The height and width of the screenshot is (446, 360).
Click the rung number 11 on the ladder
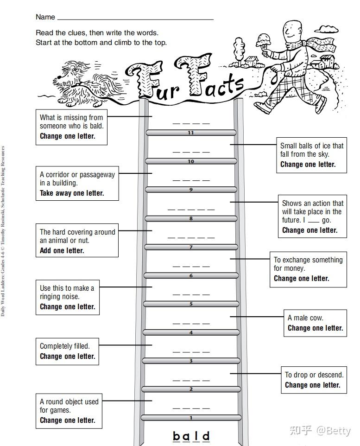tap(191, 133)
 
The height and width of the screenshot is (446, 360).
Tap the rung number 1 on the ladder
tap(191, 418)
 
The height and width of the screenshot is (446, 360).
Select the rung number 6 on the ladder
tap(191, 276)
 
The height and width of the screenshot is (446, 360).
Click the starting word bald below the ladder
tap(191, 436)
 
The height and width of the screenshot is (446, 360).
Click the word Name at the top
tap(45, 17)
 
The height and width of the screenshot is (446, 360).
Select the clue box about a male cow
tap(315, 323)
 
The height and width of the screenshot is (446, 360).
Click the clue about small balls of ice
tap(311, 155)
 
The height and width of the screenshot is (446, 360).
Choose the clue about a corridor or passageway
tap(77, 183)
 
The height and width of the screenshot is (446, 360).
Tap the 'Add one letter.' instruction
tap(62, 251)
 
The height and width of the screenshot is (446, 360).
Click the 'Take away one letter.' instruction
tap(72, 193)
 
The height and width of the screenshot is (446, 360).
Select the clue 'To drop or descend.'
tap(314, 375)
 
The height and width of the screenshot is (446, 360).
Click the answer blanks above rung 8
tap(191, 209)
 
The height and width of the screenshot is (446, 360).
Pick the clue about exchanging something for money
tap(308, 269)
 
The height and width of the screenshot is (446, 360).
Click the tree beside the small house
tap(239, 49)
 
